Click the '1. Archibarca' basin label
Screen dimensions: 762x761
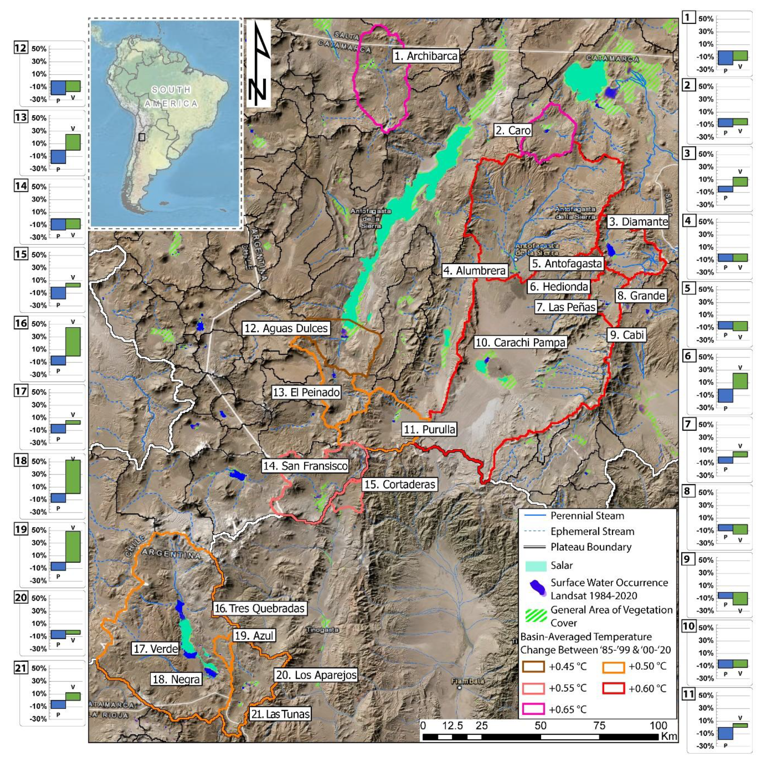tap(426, 56)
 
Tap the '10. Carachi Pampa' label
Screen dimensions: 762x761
tap(520, 342)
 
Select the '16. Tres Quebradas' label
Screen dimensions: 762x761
tap(259, 608)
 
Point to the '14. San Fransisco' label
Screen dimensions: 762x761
tap(305, 466)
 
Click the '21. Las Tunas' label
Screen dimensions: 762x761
tap(280, 714)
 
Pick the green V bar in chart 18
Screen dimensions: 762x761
tap(73, 477)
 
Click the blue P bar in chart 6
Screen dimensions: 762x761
tap(725, 395)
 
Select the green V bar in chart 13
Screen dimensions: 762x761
tap(73, 142)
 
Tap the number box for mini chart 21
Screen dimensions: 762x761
tap(21, 668)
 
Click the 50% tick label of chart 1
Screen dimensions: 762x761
tap(705, 19)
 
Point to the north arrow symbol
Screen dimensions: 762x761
tap(259, 63)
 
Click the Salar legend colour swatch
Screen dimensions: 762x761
tap(535, 566)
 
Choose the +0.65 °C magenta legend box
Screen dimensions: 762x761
tap(533, 709)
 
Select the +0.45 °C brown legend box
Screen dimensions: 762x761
tap(533, 666)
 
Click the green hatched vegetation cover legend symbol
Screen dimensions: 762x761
tap(535, 616)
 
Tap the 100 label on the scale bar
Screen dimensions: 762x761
tap(658, 725)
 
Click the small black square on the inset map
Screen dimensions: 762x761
tap(142, 137)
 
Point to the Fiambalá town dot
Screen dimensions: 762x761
tap(459, 688)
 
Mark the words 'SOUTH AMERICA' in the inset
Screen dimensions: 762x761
tap(171, 96)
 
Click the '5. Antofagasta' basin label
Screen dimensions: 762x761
tap(567, 263)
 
